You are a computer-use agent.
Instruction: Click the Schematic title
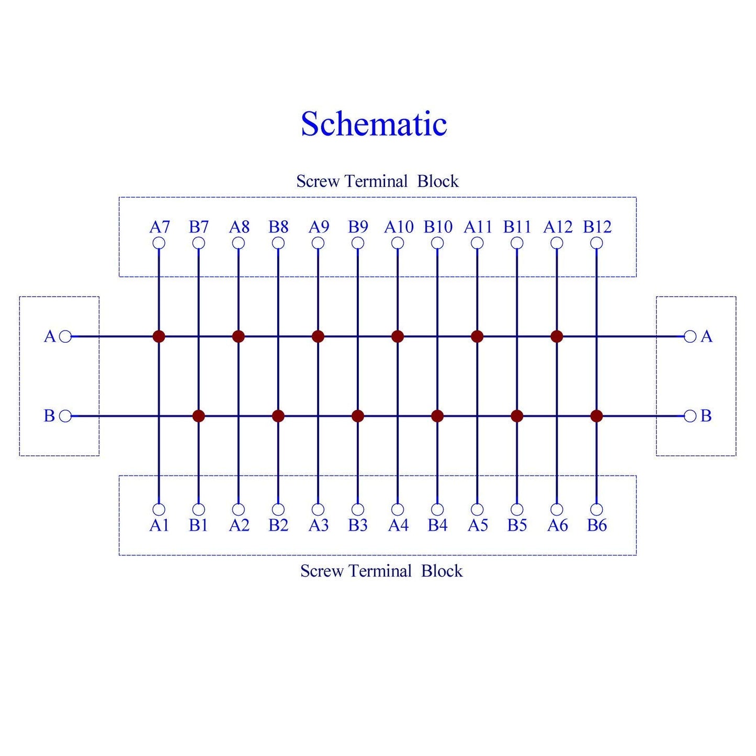pyautogui.click(x=374, y=124)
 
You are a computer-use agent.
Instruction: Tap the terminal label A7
pyautogui.click(x=159, y=227)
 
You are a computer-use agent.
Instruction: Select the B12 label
pyautogui.click(x=597, y=227)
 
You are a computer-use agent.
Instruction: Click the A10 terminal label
pyautogui.click(x=398, y=227)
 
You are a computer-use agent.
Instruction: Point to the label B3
pyautogui.click(x=357, y=525)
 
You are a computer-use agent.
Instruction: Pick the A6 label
pyautogui.click(x=557, y=525)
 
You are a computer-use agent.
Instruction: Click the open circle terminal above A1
pyautogui.click(x=159, y=509)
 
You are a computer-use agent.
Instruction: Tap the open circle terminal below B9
pyautogui.click(x=357, y=243)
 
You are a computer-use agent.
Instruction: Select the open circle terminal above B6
pyautogui.click(x=596, y=509)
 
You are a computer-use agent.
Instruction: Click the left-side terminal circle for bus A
pyautogui.click(x=65, y=336)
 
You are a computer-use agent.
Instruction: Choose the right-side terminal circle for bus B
pyautogui.click(x=690, y=416)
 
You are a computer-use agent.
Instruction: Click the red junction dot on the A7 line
pyautogui.click(x=159, y=336)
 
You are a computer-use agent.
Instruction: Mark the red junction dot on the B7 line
pyautogui.click(x=198, y=416)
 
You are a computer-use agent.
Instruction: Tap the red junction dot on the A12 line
pyautogui.click(x=557, y=336)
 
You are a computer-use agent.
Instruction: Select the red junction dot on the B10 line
pyautogui.click(x=437, y=416)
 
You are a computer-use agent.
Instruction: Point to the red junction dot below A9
pyautogui.click(x=318, y=336)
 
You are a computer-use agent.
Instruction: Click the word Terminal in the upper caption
pyautogui.click(x=376, y=181)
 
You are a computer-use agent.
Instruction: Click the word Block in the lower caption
pyautogui.click(x=442, y=571)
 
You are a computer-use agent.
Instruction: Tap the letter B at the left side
pyautogui.click(x=49, y=416)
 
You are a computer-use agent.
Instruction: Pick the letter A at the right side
pyautogui.click(x=706, y=336)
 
